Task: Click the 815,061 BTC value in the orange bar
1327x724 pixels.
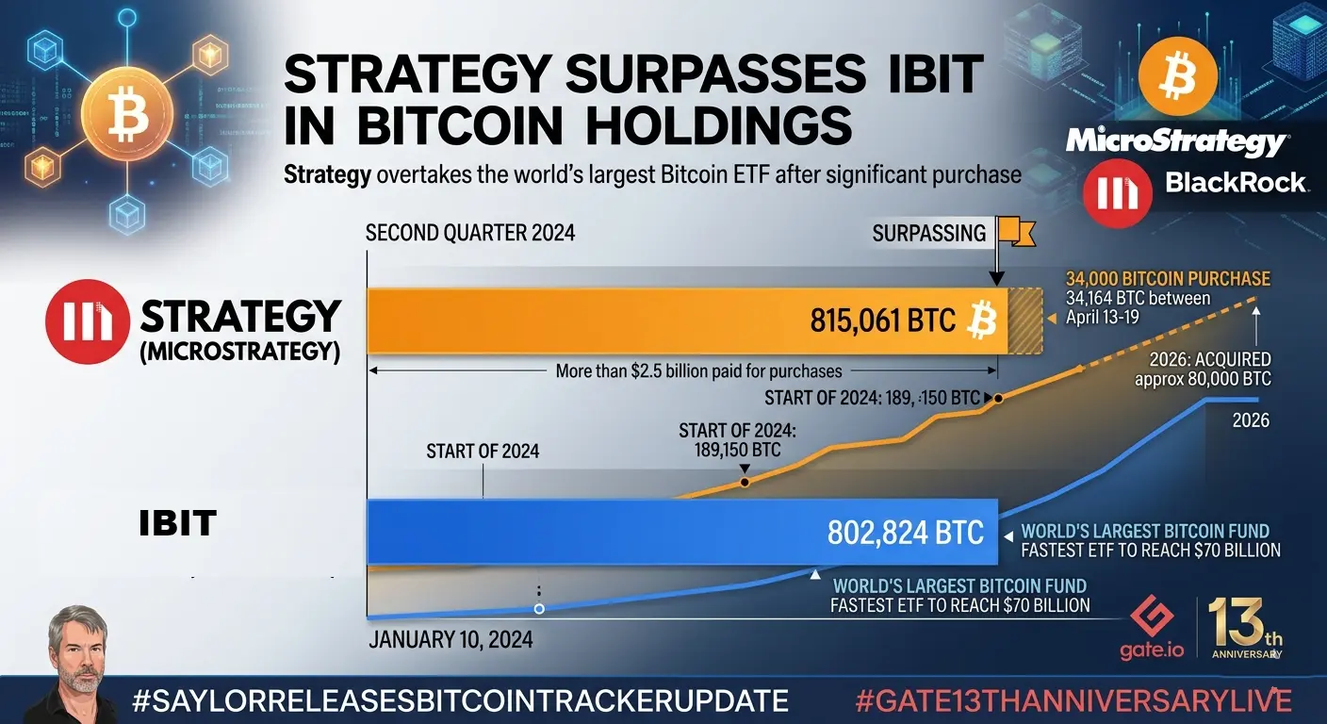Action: coord(883,321)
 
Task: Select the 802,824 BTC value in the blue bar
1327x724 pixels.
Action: coord(905,533)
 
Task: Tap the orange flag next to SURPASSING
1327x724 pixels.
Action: coord(1014,230)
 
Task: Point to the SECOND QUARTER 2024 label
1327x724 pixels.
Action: coord(469,233)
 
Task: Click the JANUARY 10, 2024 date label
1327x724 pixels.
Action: coord(451,640)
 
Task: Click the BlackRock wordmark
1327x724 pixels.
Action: coord(1236,182)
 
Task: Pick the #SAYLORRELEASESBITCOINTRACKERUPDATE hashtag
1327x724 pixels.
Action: coord(461,701)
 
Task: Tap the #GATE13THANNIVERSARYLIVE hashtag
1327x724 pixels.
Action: coord(1072,701)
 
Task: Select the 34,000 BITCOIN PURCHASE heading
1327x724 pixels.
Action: coord(1168,279)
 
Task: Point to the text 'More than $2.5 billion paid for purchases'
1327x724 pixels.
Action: coord(698,370)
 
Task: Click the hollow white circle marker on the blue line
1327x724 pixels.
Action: coord(539,609)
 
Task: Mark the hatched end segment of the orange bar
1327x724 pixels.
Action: coord(1025,321)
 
